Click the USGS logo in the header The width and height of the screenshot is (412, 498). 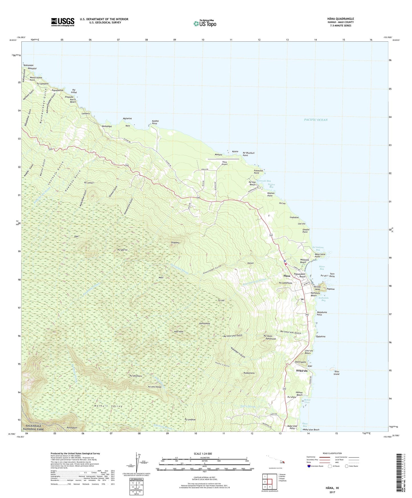click(63, 22)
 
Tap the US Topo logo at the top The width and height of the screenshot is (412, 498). click(205, 23)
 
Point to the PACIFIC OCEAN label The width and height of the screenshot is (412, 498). click(316, 120)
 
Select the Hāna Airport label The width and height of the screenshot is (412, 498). click(225, 163)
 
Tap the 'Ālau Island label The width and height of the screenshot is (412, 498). click(336, 373)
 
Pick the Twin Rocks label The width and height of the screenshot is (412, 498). click(332, 275)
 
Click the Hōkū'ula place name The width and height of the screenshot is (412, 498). click(302, 371)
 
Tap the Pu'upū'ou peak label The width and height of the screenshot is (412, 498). click(122, 250)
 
